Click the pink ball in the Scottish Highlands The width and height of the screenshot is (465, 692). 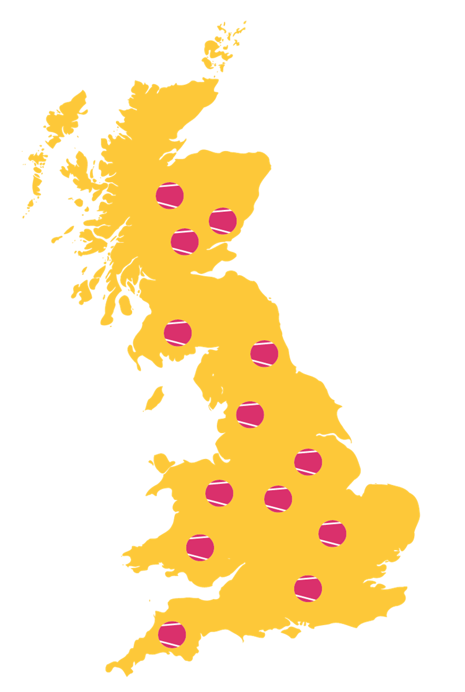169,195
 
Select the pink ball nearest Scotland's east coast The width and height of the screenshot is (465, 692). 223,221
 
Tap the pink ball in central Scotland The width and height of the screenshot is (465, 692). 185,242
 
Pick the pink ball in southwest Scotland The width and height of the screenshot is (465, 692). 178,333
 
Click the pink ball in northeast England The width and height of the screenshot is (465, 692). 264,353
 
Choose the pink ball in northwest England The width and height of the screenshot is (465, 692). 250,414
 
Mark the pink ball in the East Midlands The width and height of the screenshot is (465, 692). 308,462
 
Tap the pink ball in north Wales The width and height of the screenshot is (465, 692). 219,493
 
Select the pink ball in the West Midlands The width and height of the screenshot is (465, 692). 278,499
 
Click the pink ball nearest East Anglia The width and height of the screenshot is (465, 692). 332,533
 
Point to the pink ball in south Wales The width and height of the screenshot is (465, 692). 200,548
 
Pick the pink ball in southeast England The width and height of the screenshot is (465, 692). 308,589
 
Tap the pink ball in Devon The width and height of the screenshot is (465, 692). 172,634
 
